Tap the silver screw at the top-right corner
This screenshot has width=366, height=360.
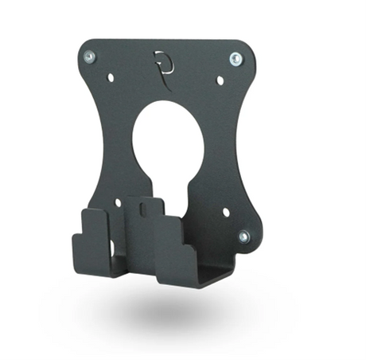236,58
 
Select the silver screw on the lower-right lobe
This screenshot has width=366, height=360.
243,237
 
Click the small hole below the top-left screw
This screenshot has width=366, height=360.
110,78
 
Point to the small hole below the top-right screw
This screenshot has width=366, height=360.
220,80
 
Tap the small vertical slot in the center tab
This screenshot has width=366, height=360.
143,211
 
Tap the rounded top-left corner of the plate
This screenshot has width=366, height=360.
85,48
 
